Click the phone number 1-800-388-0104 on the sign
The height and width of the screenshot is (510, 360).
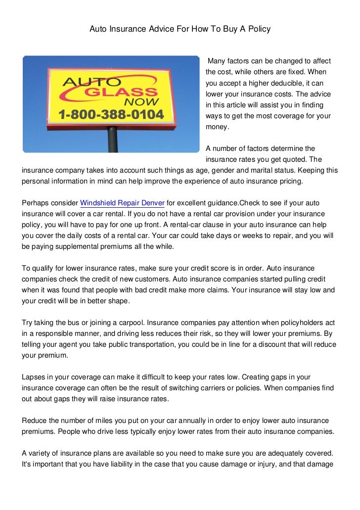(111, 115)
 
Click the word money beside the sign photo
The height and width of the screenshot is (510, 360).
(217, 127)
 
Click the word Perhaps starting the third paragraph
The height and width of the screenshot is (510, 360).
(38, 203)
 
